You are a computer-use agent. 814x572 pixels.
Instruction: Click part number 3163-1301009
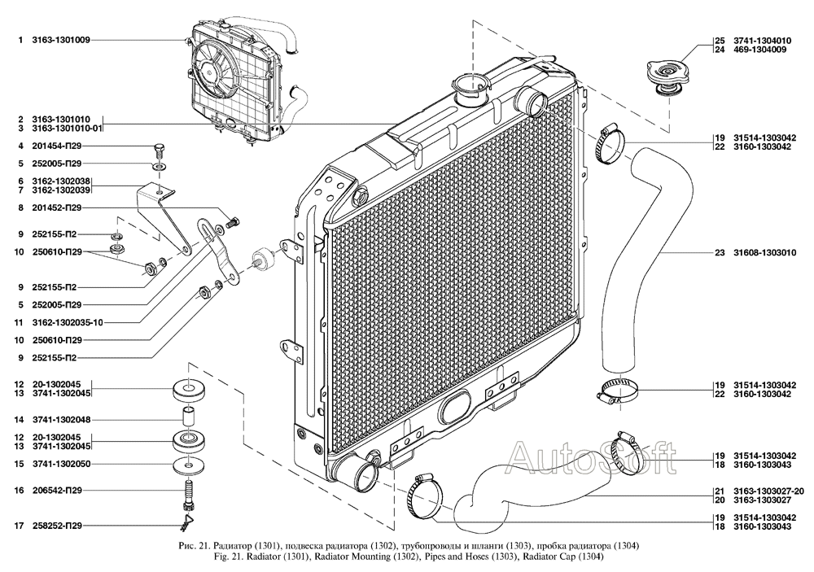click(x=61, y=39)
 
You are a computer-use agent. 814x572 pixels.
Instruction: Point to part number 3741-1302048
click(x=61, y=419)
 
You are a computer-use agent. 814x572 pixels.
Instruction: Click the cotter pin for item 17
click(x=186, y=525)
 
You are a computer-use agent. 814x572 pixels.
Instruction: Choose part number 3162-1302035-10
click(x=68, y=322)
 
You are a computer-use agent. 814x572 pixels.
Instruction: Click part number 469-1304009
click(x=759, y=50)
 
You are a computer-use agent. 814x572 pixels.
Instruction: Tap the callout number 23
click(x=720, y=253)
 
